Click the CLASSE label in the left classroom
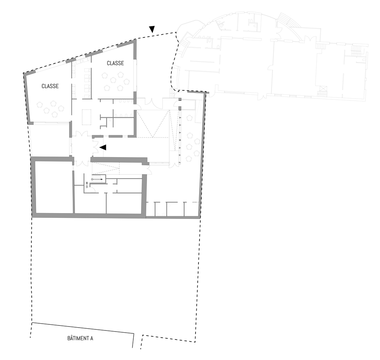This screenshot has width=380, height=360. point(50,86)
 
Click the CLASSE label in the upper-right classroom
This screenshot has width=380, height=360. point(115,63)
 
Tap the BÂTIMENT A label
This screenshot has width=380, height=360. point(80,338)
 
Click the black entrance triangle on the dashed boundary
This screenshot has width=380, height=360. point(152,29)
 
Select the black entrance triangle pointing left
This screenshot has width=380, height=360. point(103,147)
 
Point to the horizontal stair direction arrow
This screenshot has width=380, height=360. point(98,179)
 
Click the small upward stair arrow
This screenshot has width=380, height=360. point(87,185)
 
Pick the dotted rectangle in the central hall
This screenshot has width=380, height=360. point(87,117)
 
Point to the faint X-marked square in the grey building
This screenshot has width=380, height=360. point(323,89)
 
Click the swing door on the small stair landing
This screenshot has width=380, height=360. point(92,190)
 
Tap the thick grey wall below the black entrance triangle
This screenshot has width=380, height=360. point(119,159)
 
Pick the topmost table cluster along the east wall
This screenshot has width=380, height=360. point(189,118)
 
